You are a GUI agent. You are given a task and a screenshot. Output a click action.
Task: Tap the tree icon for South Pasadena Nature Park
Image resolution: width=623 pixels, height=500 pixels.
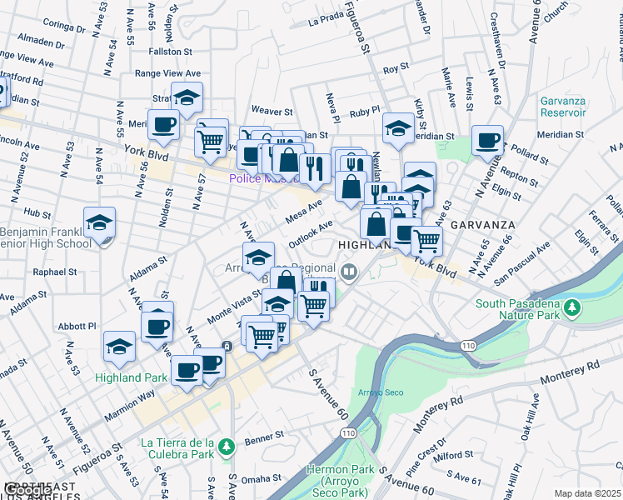point(572,308)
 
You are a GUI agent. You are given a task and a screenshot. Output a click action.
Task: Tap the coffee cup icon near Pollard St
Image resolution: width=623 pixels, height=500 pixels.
point(487,142)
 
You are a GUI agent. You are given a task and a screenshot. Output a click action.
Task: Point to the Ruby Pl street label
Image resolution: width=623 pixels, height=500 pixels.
point(364,110)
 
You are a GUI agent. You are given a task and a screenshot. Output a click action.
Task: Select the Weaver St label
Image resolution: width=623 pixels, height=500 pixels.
point(272,110)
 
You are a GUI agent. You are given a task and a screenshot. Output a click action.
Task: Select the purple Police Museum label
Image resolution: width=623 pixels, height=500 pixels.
point(260,178)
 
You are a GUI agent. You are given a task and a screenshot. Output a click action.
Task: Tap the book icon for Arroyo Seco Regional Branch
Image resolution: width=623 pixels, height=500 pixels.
point(349,270)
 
